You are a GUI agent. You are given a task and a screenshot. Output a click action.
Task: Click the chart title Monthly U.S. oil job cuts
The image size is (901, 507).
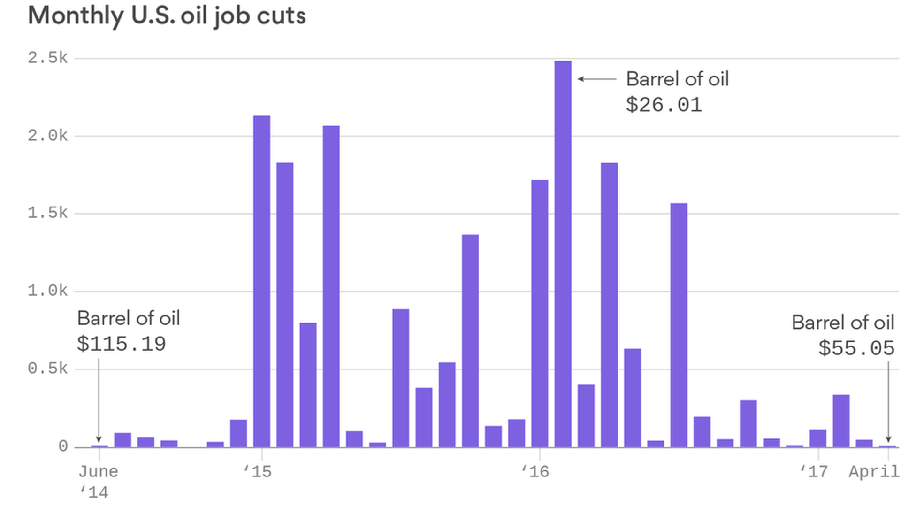pos(167,15)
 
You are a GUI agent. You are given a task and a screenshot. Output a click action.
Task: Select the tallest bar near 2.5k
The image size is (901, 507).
pos(563,253)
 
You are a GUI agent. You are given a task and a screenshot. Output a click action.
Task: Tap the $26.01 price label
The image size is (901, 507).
pos(664,105)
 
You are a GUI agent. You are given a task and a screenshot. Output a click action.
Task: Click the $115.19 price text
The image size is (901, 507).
pos(122,344)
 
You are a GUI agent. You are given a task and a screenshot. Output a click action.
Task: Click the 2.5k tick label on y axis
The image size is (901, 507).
pos(47,58)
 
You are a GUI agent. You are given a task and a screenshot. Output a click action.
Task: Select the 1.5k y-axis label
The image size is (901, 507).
pos(47,213)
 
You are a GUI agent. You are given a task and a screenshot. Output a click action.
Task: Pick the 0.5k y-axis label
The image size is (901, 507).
pos(47,369)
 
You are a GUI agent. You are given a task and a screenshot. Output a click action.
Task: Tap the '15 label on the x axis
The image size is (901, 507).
pos(258,471)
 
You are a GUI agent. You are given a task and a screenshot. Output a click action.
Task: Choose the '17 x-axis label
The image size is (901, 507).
pos(814,471)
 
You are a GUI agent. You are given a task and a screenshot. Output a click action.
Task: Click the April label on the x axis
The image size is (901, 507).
pos(874,471)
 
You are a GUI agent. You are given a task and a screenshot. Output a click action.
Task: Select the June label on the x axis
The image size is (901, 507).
pos(98,471)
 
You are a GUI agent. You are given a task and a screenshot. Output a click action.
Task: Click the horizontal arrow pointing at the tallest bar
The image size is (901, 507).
pos(597,79)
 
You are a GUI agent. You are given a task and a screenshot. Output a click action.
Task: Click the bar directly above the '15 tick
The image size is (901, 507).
pos(261,282)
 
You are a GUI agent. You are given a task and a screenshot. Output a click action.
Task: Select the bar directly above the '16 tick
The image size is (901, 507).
pos(540,313)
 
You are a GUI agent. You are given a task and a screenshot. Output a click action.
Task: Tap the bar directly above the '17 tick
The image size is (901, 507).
pos(818,438)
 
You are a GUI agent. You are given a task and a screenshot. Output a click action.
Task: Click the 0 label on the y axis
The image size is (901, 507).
pos(63,446)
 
